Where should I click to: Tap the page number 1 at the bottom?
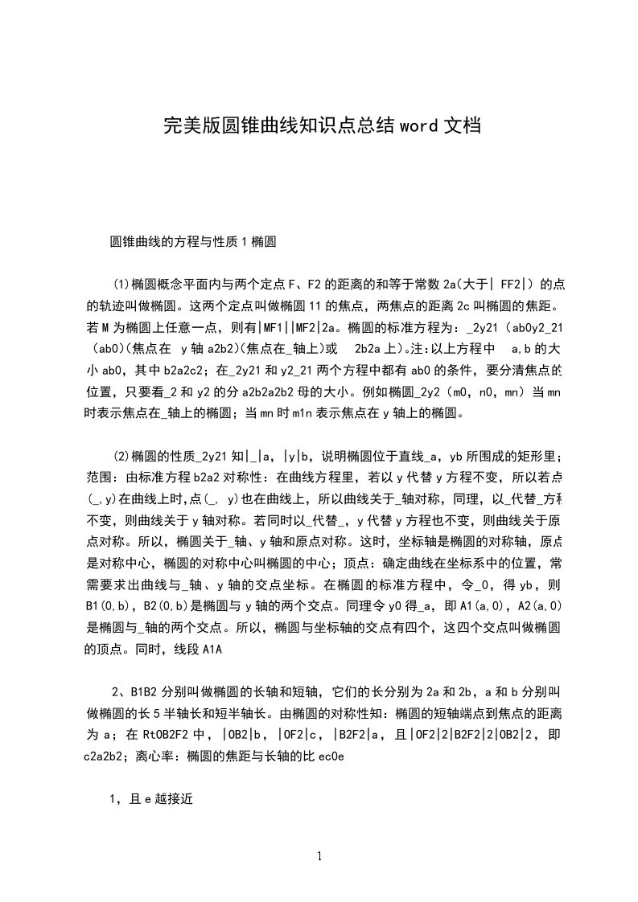point(319,856)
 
